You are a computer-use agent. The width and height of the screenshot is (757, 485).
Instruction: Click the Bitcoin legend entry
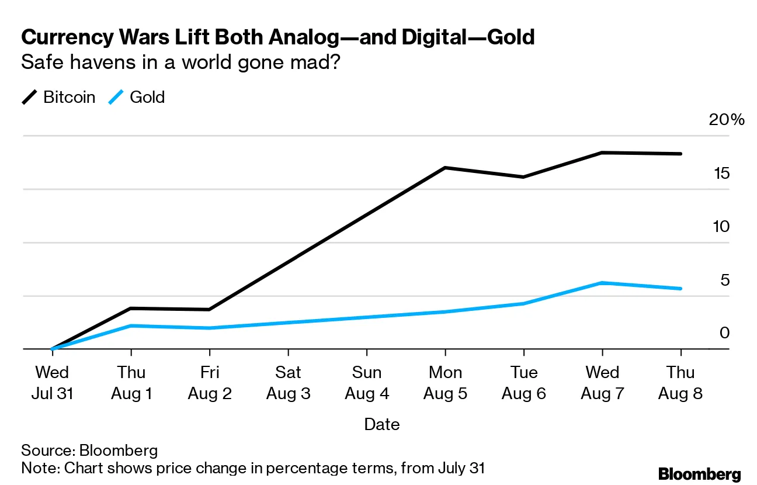[x=68, y=97]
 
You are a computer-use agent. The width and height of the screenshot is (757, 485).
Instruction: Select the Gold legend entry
[x=147, y=97]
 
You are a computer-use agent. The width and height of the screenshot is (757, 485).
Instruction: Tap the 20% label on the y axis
[x=727, y=120]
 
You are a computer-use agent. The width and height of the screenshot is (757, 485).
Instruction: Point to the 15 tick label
[x=722, y=173]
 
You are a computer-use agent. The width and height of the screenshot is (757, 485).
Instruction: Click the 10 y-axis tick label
[x=722, y=226]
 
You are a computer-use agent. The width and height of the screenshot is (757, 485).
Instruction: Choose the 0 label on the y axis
[x=724, y=332]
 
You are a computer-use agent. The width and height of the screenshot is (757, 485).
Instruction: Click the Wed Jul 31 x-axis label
[x=52, y=383]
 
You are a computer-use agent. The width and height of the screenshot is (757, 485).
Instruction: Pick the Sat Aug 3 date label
[x=288, y=383]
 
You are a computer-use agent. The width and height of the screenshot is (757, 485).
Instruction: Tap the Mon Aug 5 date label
[x=445, y=383]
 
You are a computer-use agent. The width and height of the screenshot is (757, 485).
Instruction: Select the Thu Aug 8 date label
[x=680, y=383]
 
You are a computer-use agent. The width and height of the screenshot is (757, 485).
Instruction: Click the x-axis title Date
[x=382, y=424]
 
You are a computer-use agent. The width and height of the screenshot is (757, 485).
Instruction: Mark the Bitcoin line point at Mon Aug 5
[x=445, y=168]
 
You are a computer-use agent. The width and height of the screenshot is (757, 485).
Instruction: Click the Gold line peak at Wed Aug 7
[x=602, y=283]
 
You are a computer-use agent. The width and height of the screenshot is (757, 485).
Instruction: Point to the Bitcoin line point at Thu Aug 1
[x=131, y=308]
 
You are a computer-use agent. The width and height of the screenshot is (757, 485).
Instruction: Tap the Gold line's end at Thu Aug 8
[x=681, y=289]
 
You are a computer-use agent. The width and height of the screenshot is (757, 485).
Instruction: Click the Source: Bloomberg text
[x=89, y=451]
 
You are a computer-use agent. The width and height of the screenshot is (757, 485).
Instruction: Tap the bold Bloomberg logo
[x=699, y=474]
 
